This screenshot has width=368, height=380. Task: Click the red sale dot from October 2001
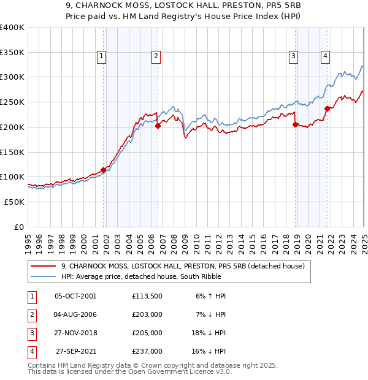tap(104, 170)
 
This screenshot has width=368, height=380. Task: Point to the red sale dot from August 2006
tap(158, 126)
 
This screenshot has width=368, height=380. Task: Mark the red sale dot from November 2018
tap(295, 124)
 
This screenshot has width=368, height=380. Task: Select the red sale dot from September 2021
tap(327, 108)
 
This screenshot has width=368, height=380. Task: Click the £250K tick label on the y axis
tap(12, 102)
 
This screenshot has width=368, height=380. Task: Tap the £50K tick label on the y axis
tap(15, 201)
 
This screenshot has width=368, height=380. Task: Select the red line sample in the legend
tap(44, 267)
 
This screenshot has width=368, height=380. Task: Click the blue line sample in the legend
tap(44, 276)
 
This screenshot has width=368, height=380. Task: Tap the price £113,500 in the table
tap(147, 296)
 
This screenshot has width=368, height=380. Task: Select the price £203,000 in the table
tap(147, 314)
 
